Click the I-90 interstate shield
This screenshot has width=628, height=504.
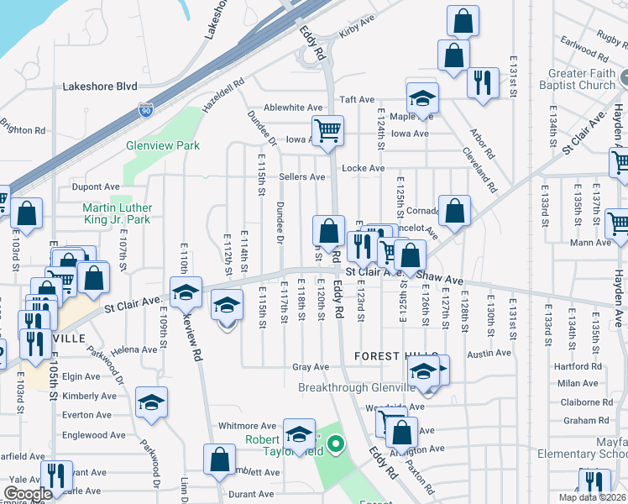coord(146,109)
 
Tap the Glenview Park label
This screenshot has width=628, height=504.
coord(163,145)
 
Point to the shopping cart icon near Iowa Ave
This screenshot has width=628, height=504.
coord(327,130)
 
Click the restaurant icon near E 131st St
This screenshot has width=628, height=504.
coord(482,82)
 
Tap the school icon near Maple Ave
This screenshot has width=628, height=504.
coord(422,97)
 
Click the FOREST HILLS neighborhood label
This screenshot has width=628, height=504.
coord(391,356)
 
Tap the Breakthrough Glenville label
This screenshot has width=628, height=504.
coord(357,387)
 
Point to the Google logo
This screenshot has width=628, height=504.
coord(28,494)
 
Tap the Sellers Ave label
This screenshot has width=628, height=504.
coord(301,177)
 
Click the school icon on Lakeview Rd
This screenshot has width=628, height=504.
coord(186,291)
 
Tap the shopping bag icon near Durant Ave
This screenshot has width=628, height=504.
coord(220,459)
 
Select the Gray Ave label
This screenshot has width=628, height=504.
coord(310,367)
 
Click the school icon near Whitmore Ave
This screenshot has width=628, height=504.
coord(299,433)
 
